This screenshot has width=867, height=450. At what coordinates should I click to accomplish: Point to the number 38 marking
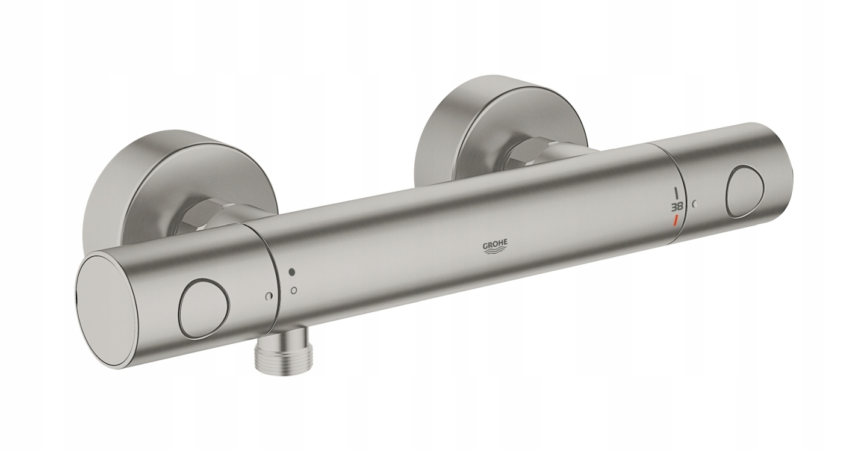pyautogui.click(x=679, y=206)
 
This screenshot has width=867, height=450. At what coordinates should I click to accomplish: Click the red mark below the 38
pyautogui.click(x=675, y=220)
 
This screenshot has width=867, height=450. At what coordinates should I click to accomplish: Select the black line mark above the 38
pyautogui.click(x=678, y=193)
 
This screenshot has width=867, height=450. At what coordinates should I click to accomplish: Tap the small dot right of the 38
pyautogui.click(x=696, y=203)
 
